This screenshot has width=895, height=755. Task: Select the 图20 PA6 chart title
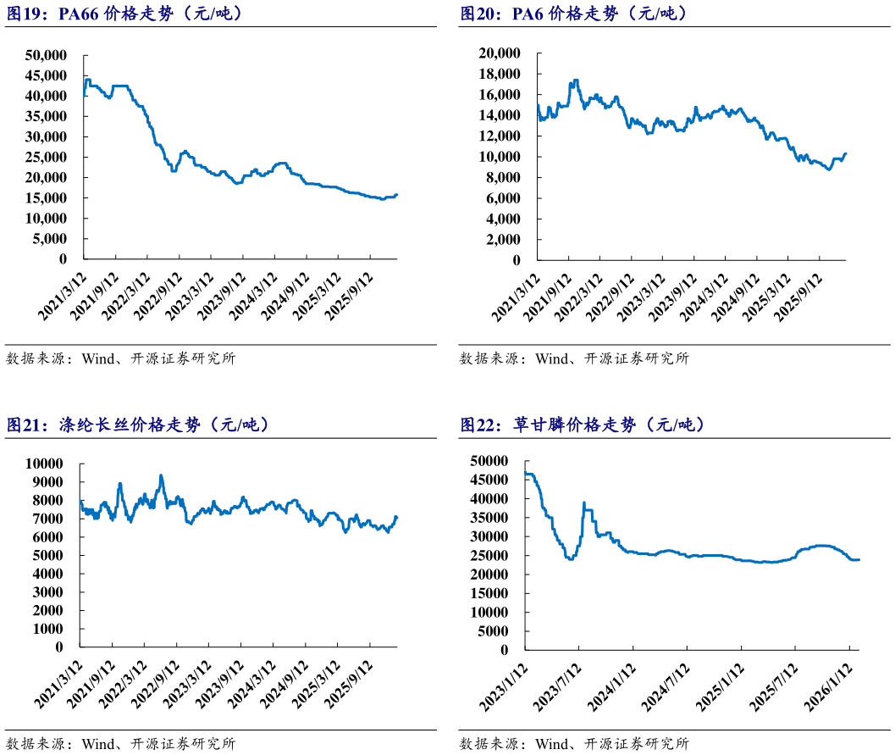coord(573,14)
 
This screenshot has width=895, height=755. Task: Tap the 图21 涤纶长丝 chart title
coord(139,425)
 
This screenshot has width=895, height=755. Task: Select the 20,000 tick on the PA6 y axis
coord(500,53)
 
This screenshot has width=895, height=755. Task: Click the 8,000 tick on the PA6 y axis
coord(503,178)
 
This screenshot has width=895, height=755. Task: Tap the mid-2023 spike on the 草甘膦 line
coord(584,502)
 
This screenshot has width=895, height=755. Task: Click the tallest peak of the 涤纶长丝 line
coord(161,475)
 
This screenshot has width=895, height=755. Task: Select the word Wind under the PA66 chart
coord(99,358)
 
